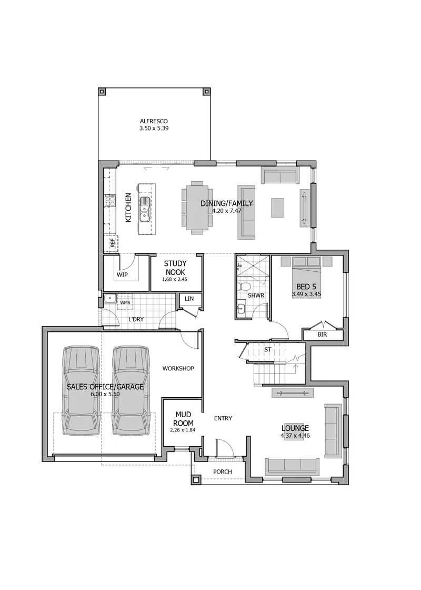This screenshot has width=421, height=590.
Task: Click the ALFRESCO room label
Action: [154, 121]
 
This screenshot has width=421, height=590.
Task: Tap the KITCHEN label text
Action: [128, 208]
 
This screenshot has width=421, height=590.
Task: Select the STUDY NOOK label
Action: [175, 268]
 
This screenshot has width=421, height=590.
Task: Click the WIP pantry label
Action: [122, 274]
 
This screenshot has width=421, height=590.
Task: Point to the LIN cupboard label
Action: [189, 298]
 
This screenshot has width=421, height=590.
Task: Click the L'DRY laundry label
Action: [136, 319]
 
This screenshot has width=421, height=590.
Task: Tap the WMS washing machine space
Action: [125, 302]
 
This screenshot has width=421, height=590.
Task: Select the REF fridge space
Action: [112, 243]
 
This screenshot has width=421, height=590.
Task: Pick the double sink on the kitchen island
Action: [145, 210]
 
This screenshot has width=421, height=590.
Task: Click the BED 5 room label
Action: [306, 287]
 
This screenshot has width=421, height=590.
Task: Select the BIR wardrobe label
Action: [322, 334]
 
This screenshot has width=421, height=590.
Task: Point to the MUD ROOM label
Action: [184, 418]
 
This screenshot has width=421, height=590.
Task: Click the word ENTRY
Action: [223, 418]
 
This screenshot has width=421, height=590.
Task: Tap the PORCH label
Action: [223, 471]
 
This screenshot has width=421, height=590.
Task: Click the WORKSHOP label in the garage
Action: [178, 368]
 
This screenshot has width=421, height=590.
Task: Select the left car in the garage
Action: [81, 391]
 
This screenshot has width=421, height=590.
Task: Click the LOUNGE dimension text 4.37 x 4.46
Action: [295, 436]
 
